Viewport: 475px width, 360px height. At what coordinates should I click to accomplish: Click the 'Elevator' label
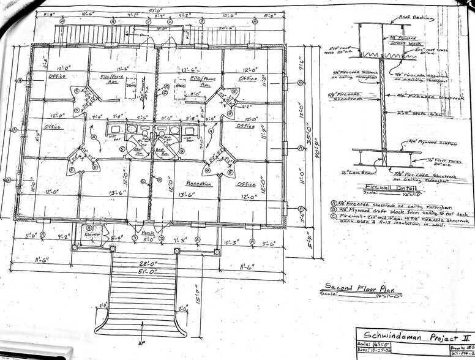(x=93, y=234)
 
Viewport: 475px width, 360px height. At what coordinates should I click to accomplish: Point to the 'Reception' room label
(x=199, y=183)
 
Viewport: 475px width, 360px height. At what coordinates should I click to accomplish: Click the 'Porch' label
(x=148, y=233)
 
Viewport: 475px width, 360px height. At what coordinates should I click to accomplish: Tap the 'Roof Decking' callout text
(x=416, y=18)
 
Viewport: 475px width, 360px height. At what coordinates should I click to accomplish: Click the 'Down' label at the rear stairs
(x=144, y=36)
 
